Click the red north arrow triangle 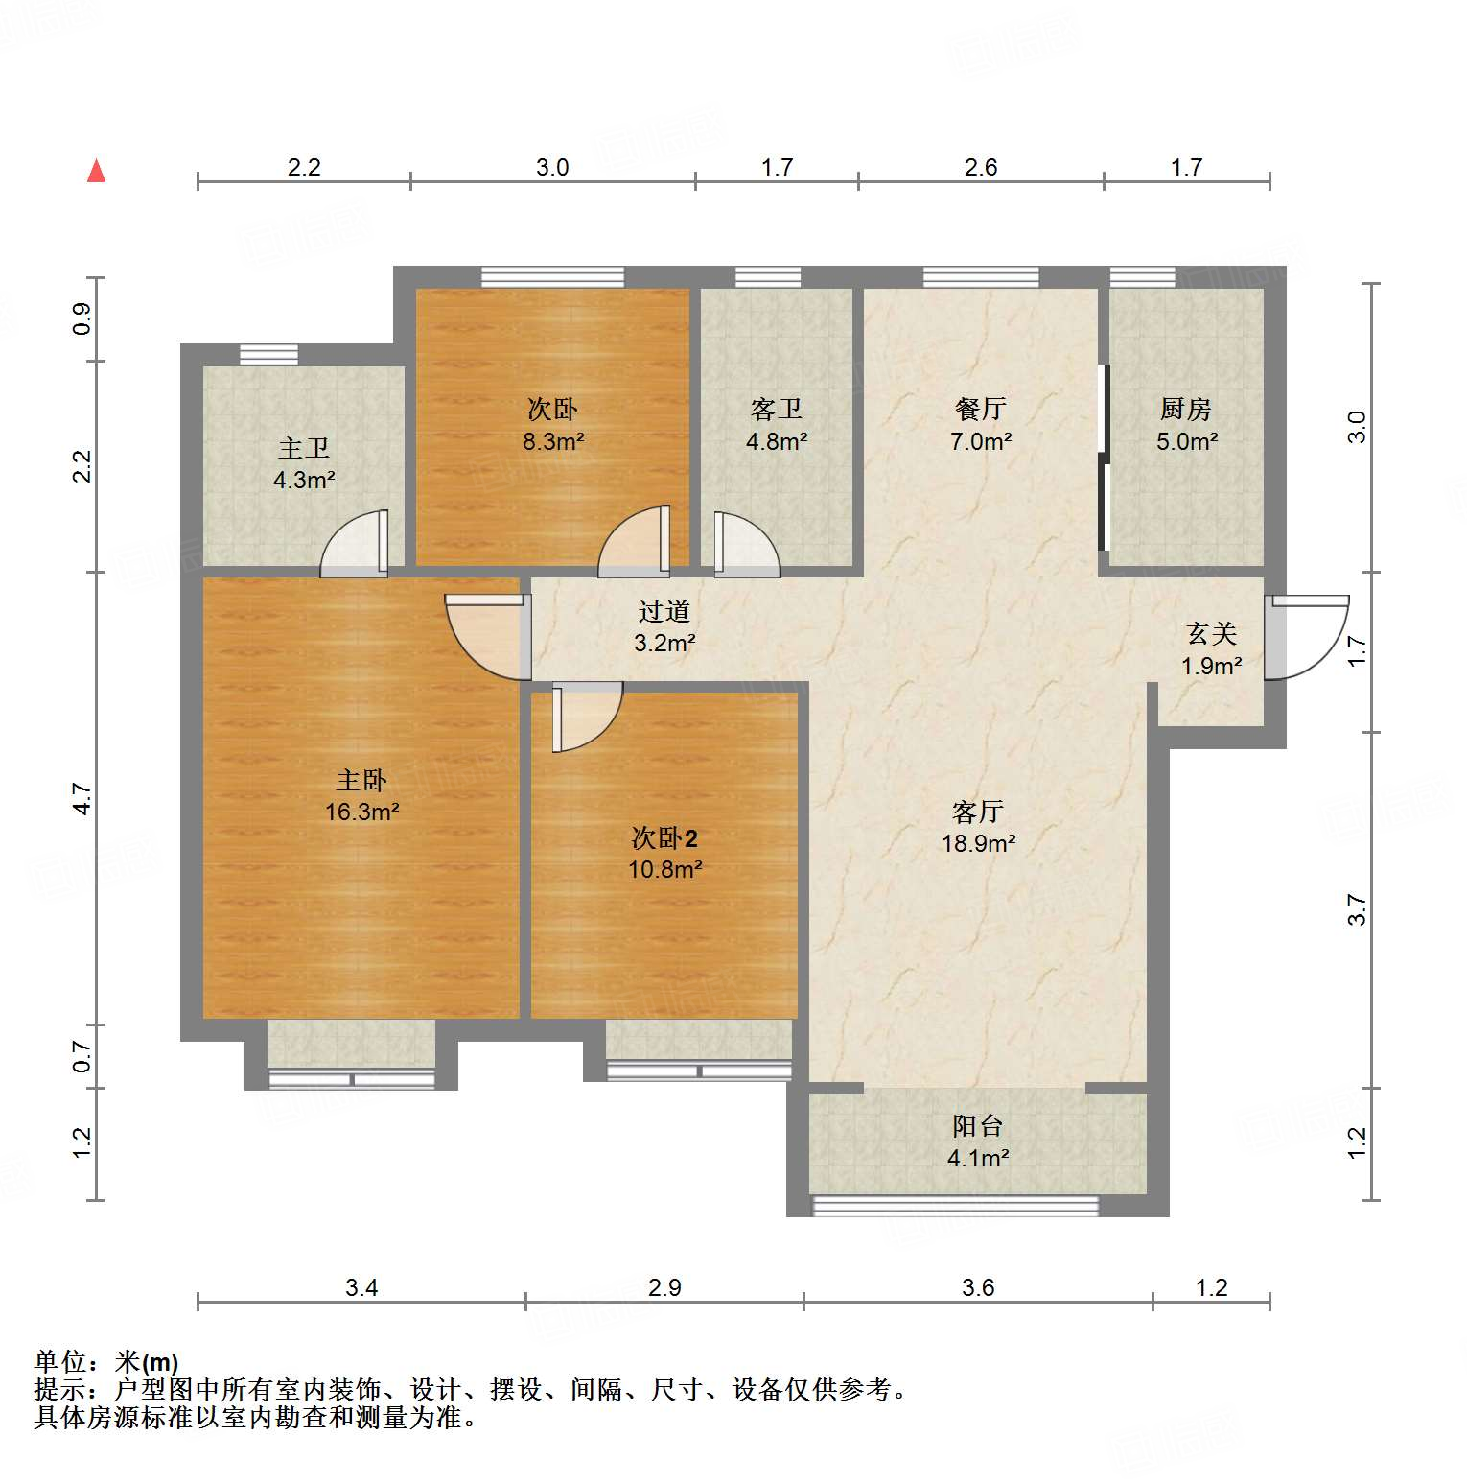pos(96,171)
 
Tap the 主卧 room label pos(361,780)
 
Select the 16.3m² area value pos(361,812)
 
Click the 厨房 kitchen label pos(1186,410)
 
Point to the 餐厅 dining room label pos(980,410)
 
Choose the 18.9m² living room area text pos(978,843)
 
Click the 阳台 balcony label pos(977,1125)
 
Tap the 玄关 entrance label pos(1211,633)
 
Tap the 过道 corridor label pos(664,611)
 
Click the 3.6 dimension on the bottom pos(978,1287)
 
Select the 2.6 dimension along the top pos(981,167)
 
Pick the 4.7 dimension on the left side pos(82,798)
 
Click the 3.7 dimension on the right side pos(1356,909)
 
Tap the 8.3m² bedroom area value pos(553,441)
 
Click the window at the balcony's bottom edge pos(955,1206)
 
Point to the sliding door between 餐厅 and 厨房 pos(1104,458)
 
